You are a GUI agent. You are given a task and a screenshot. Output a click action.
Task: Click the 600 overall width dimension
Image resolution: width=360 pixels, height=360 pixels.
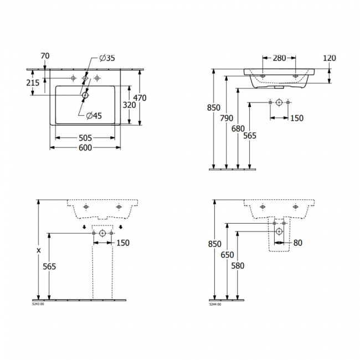click(85, 148)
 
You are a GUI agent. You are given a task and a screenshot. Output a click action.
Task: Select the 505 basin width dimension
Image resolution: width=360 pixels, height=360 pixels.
click(85, 138)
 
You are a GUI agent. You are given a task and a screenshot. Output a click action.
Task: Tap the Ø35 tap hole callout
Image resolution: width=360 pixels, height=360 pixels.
click(107, 58)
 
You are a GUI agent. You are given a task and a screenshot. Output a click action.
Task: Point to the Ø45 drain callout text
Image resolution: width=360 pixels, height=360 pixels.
click(94, 116)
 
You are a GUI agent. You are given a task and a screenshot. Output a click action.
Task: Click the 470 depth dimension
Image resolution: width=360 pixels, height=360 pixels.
click(140, 98)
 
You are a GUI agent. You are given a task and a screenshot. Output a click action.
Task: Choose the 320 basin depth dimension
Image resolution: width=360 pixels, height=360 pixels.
click(129, 105)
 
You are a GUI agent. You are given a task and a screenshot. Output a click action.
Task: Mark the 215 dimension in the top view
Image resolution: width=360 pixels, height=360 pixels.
click(33, 83)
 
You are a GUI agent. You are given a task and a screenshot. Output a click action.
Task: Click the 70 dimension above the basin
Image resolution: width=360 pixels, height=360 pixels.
click(45, 56)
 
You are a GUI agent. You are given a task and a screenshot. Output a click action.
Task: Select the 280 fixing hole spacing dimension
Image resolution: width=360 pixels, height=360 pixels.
click(279, 58)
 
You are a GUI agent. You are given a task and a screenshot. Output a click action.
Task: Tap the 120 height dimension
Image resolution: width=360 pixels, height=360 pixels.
click(330, 58)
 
